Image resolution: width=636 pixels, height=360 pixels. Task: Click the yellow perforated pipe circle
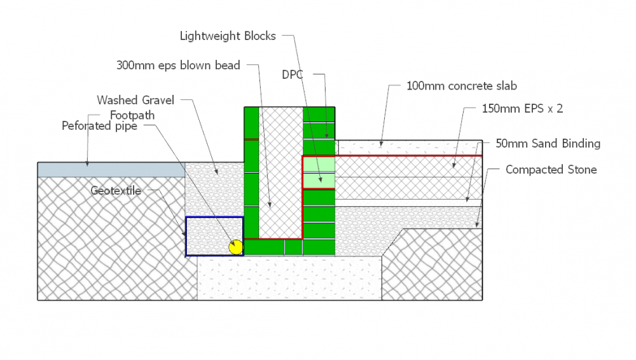coord(236,247)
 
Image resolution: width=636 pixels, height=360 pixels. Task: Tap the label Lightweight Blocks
coord(228,36)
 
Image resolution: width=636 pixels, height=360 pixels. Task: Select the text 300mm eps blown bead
coord(178,66)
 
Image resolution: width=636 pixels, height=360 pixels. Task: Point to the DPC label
coord(293,74)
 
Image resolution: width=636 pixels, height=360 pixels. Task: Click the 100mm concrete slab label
coord(462,86)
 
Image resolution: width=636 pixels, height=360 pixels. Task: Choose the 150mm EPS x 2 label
coord(522,109)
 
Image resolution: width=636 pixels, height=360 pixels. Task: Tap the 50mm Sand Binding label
coord(548,144)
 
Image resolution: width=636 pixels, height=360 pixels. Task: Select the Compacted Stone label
coord(551,170)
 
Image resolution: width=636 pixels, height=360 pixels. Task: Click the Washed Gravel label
coord(135,100)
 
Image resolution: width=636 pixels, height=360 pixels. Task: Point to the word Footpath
coord(132,115)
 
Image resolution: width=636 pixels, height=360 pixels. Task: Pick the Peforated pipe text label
coord(99,126)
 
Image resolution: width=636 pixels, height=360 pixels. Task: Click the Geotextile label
coord(116,191)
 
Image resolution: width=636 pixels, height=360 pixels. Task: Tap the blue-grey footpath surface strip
coord(111,170)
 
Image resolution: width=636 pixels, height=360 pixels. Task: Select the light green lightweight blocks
coord(319,172)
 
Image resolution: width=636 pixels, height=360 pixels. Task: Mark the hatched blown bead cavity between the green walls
coord(280,172)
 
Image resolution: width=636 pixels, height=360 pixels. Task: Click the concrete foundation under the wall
coord(289,278)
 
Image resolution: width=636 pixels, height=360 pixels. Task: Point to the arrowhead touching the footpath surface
coord(87,164)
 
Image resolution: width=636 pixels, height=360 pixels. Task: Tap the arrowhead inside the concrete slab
coord(381,144)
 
